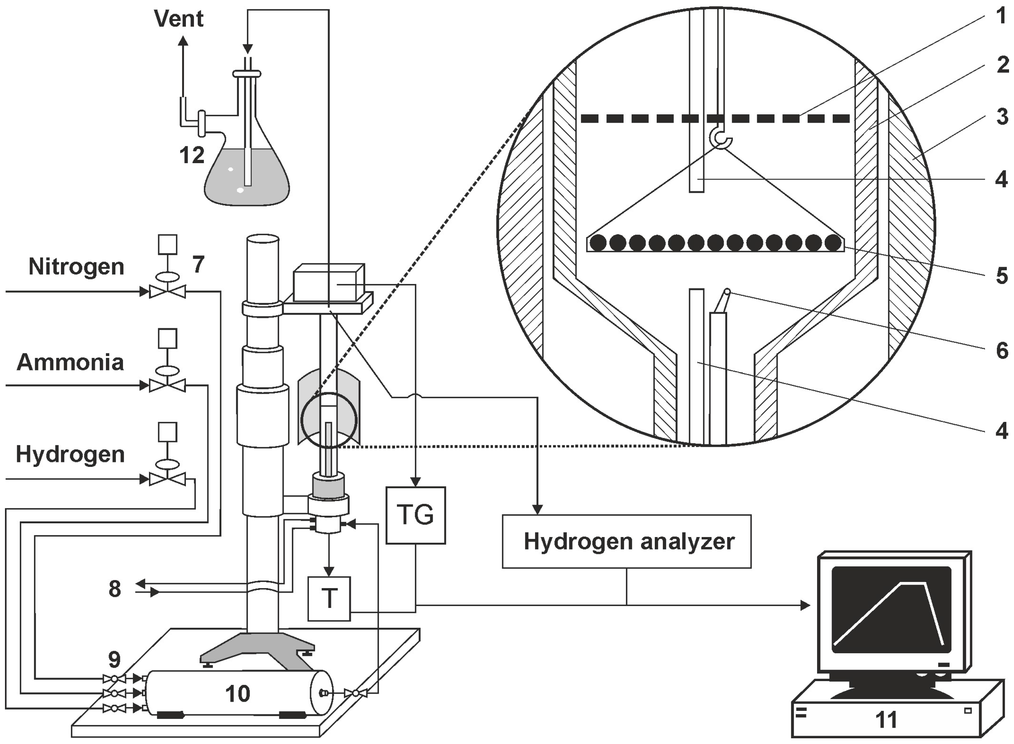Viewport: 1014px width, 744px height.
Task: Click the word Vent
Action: (x=179, y=19)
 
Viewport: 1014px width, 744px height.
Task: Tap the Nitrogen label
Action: (x=76, y=267)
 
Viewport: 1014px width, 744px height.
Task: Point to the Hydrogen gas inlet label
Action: (x=70, y=454)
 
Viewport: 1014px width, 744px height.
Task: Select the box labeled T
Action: (x=329, y=598)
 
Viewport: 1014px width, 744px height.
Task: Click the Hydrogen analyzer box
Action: (x=627, y=541)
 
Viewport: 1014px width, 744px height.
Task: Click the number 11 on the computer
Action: (x=886, y=720)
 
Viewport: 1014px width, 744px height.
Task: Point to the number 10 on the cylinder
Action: (x=237, y=694)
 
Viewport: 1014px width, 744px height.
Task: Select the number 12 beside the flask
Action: (x=192, y=156)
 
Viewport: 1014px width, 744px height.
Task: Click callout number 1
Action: (x=1001, y=17)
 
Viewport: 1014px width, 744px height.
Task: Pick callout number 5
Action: (x=1001, y=276)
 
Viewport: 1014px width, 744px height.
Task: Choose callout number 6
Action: (x=1001, y=351)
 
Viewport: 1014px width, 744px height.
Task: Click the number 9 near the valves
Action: (x=114, y=660)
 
